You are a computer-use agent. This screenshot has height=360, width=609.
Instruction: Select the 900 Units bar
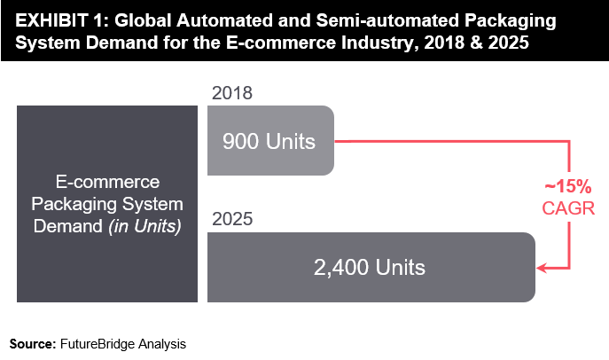click(x=270, y=140)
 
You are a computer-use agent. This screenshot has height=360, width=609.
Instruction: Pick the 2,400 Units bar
click(x=371, y=267)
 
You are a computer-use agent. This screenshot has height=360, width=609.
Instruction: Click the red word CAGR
click(x=567, y=208)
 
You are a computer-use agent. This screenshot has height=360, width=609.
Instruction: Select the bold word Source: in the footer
click(x=32, y=342)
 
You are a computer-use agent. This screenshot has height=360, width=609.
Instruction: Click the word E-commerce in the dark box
click(x=107, y=183)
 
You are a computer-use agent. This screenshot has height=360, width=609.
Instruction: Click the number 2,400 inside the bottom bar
click(x=346, y=267)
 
